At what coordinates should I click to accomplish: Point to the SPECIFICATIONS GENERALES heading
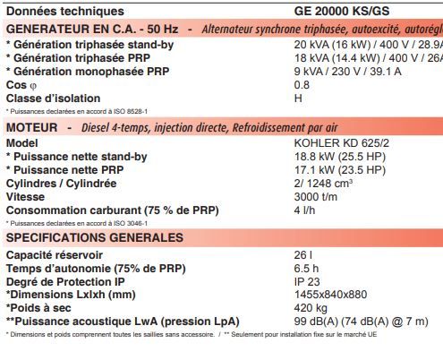94,237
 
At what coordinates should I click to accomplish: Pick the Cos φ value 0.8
302,84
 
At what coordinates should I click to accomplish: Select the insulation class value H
298,98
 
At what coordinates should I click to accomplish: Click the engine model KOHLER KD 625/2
342,143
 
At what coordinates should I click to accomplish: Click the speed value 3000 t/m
316,196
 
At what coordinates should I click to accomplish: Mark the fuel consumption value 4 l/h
304,210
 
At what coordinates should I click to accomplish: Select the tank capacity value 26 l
302,255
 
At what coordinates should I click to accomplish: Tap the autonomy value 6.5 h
306,268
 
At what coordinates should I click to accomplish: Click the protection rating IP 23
307,281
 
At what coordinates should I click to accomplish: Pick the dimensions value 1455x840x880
330,294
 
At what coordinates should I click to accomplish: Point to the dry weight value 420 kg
311,307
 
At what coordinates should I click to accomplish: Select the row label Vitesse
25,196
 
